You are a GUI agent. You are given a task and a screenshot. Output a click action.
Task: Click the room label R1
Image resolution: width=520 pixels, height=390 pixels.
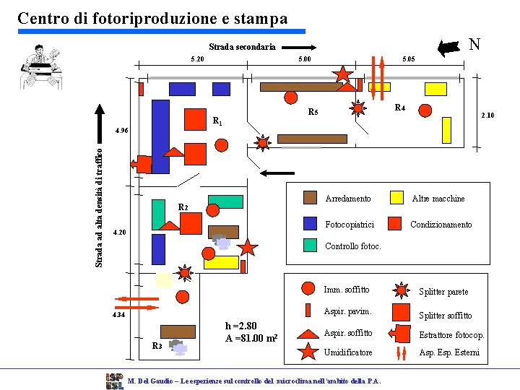pos(216,121)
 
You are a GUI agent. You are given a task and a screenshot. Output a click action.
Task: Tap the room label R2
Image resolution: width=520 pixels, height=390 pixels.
pos(183,208)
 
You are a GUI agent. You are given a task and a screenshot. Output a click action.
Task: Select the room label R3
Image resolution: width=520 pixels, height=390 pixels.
pos(157,346)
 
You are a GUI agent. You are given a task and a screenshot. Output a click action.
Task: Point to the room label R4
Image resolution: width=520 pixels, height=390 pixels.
pos(399,108)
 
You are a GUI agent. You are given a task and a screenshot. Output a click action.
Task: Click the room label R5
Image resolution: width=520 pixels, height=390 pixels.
pos(313,112)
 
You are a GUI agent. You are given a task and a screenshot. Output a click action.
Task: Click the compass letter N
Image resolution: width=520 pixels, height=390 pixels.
pos(474,44)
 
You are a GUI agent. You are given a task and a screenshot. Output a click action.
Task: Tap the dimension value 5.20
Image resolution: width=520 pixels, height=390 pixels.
pos(196,59)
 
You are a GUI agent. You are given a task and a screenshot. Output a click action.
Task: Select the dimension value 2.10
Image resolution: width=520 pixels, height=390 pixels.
pos(487,115)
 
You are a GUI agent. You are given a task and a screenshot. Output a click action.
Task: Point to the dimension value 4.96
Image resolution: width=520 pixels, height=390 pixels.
pos(121,131)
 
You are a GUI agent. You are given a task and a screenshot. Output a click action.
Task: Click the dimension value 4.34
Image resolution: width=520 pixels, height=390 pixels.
pos(117,315)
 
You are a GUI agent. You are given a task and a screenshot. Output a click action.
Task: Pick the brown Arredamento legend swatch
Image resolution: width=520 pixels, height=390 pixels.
pos(310,198)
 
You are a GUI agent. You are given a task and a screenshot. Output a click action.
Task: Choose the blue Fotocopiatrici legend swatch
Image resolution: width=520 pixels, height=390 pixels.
pos(310,224)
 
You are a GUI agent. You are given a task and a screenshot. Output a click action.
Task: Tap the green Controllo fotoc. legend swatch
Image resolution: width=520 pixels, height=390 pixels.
pos(310,246)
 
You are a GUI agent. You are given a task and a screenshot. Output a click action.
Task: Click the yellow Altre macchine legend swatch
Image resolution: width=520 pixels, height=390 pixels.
pos(396,198)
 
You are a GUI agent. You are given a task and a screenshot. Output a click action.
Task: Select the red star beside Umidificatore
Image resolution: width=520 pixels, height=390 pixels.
pos(308,352)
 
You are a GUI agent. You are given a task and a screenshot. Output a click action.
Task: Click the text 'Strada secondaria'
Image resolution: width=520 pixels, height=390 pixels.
pos(242,47)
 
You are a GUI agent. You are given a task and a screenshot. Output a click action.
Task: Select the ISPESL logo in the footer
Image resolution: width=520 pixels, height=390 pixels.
pos(113,381)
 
